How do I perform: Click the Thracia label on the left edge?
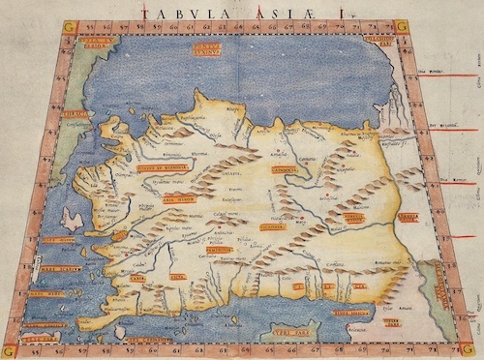[x=76, y=114]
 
